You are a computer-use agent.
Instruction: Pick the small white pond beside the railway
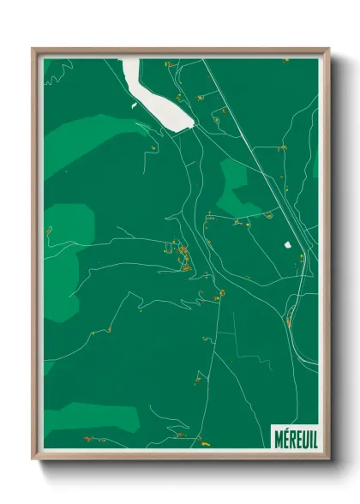pos(289,245)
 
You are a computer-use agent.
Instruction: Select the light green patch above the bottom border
pos(94,417)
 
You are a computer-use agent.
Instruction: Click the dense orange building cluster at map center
pos(183,255)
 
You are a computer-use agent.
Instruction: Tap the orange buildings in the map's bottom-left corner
pos(89,438)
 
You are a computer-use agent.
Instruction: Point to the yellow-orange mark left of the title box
pos(205,442)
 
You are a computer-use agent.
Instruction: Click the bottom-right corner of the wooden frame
pos(328,459)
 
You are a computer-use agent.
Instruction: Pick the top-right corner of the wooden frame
pos(328,50)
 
